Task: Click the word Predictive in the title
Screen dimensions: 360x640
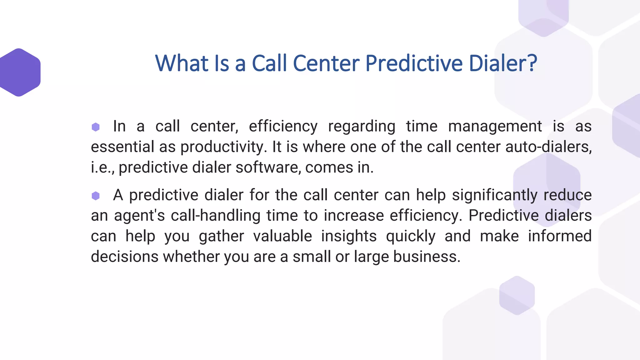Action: (x=414, y=63)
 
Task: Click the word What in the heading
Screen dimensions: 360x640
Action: (x=182, y=63)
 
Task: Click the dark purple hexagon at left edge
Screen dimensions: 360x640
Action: (x=19, y=72)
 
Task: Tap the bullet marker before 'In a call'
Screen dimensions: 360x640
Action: (x=96, y=127)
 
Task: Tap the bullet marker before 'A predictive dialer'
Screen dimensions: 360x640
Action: (x=96, y=196)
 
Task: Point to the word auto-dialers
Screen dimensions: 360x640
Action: (x=548, y=147)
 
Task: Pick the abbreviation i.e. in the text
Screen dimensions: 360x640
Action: (x=102, y=167)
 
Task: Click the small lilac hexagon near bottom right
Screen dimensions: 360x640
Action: (x=517, y=296)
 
